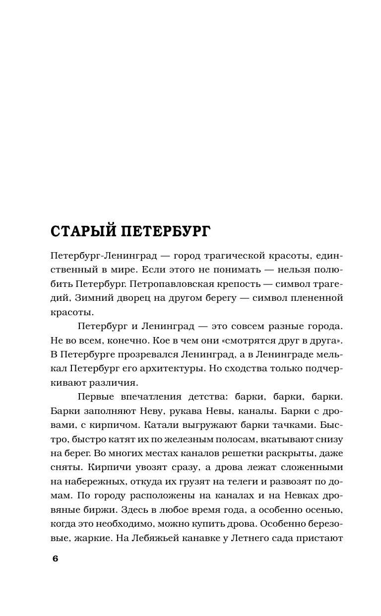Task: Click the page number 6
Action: click(55, 558)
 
